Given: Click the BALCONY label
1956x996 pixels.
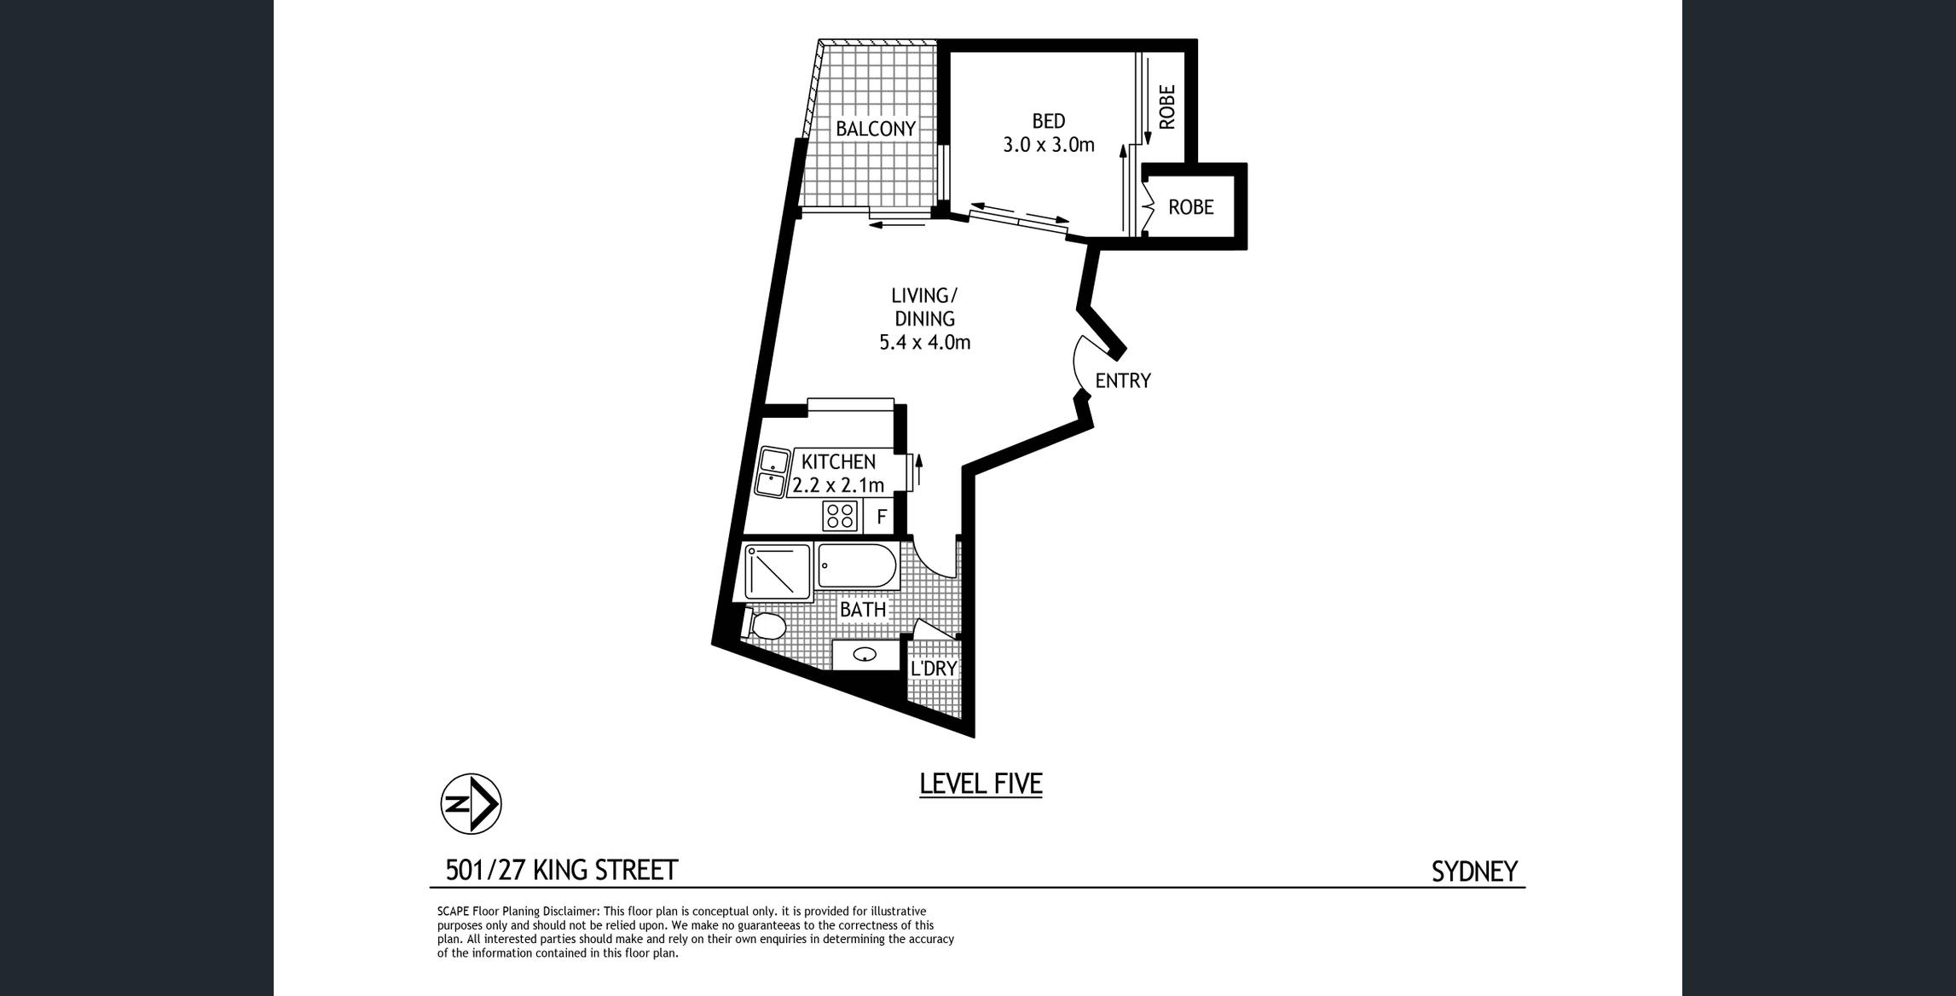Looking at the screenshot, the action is tap(875, 129).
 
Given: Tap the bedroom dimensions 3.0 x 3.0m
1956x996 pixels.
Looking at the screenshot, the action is tap(1048, 145).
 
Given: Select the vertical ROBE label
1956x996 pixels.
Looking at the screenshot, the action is tap(1167, 107).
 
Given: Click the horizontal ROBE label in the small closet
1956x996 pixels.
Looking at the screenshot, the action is tap(1190, 207).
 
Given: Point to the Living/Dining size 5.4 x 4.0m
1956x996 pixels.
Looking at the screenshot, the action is tap(924, 343).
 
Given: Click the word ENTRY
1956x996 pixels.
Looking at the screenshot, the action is tap(1123, 381).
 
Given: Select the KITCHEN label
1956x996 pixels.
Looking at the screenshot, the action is tap(838, 462).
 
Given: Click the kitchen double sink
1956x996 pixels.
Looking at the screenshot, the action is tap(773, 472).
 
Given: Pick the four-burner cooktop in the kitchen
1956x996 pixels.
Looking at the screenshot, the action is tap(840, 516).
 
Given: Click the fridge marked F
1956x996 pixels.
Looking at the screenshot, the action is tap(882, 517).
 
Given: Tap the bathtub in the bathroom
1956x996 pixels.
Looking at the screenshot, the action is tap(857, 566).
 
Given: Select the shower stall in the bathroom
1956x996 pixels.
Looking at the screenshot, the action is tap(777, 571).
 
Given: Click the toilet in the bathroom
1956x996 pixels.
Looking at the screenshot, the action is tap(764, 626).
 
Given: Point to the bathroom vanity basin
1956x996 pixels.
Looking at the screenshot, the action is tap(865, 655).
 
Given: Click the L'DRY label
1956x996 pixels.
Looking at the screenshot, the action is tap(934, 669).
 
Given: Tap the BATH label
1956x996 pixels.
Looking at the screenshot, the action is tap(863, 610).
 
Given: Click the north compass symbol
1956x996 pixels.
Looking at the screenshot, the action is tap(471, 804).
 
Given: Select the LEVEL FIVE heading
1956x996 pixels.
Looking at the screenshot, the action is tap(981, 784).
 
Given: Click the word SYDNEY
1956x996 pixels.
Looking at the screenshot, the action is tap(1474, 871).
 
